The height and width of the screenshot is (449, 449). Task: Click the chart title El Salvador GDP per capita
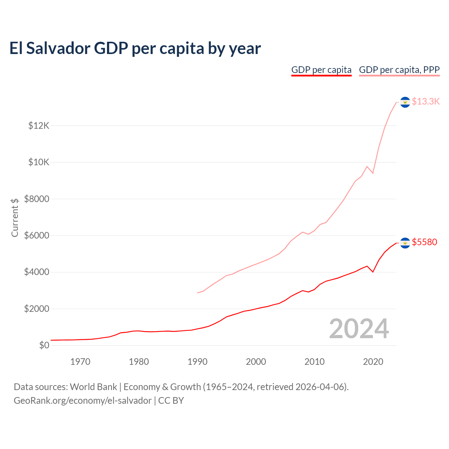click(135, 48)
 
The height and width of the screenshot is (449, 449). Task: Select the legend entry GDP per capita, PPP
click(399, 70)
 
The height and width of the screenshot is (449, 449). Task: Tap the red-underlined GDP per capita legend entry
click(321, 70)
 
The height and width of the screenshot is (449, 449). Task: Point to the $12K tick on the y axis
click(39, 126)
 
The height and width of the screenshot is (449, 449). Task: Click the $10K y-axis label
click(39, 162)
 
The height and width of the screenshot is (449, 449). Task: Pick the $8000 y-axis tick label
click(36, 199)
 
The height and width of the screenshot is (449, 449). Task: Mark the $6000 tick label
click(36, 236)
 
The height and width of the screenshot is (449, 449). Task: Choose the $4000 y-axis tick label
click(36, 272)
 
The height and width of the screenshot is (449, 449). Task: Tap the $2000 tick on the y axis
click(36, 309)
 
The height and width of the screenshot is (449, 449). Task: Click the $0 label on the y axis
click(44, 346)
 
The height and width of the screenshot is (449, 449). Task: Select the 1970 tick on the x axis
click(80, 362)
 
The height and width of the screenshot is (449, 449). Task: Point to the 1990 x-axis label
click(197, 362)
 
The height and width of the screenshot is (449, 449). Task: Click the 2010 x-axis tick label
click(315, 362)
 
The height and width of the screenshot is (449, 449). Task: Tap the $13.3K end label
click(425, 102)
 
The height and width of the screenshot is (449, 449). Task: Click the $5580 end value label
click(424, 242)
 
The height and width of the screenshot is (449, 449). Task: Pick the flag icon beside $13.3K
click(405, 102)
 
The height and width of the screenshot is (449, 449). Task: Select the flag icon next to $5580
click(405, 243)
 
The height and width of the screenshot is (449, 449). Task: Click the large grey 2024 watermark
click(359, 329)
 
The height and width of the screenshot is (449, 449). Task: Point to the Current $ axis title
click(15, 217)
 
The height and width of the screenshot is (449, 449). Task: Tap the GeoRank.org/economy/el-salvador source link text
click(82, 401)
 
